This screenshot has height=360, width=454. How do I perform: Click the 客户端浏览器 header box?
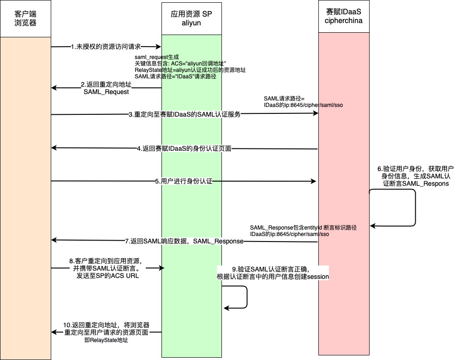tap(25, 18)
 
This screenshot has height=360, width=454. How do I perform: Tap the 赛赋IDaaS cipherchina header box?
tap(344, 17)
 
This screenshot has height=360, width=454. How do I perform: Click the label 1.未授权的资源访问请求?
tap(106, 47)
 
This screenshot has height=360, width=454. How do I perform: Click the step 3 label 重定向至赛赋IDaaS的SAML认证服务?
tap(185, 115)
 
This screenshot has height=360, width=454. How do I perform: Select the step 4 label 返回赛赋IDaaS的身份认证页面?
tap(184, 148)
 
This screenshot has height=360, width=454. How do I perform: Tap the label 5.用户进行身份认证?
tap(183, 182)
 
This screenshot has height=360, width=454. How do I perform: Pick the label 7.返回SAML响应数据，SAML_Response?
tap(184, 241)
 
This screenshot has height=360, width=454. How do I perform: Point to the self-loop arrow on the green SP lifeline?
tap(246, 297)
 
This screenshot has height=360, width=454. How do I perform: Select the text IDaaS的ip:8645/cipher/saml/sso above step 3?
tap(303, 105)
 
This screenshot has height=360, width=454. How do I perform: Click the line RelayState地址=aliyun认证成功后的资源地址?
tap(190, 70)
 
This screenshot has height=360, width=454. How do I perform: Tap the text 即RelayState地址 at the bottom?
tap(106, 341)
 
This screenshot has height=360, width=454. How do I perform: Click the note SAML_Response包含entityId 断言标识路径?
tap(303, 228)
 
